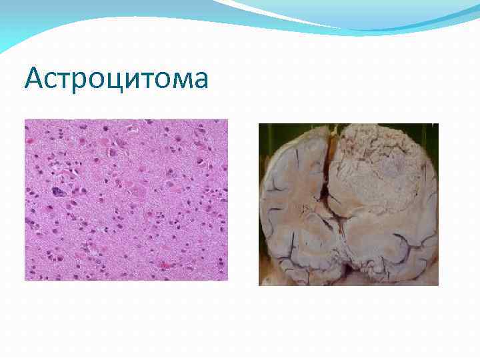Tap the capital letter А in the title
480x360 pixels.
click(x=35, y=79)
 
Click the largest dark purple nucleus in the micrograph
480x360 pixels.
click(x=59, y=192)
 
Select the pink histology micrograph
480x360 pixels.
click(x=126, y=199)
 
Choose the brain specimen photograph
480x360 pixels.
click(x=348, y=204)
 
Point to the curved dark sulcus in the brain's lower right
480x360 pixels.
click(x=400, y=250)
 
